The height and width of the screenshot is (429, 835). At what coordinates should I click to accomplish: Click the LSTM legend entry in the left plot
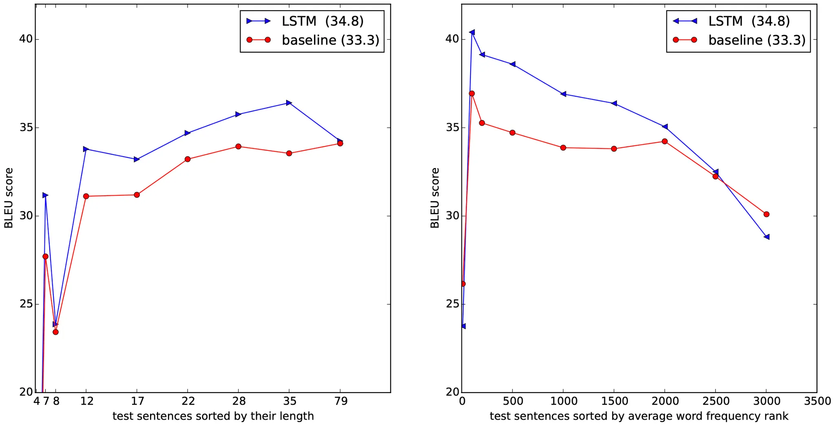(322, 21)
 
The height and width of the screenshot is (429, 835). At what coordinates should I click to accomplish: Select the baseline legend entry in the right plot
(757, 40)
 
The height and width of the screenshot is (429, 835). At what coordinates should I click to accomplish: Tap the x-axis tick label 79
(341, 402)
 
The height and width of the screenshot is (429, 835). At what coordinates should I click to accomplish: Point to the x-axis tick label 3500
(817, 402)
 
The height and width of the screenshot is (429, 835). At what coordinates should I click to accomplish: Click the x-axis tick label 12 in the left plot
(86, 402)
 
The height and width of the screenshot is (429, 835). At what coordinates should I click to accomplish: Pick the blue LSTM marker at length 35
(289, 103)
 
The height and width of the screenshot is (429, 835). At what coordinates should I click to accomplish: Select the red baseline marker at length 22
(188, 159)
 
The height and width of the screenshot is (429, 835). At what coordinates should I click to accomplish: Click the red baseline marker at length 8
(55, 332)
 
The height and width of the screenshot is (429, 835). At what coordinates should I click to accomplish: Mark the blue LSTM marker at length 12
(86, 149)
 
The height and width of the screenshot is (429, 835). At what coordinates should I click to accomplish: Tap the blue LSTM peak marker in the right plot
(472, 32)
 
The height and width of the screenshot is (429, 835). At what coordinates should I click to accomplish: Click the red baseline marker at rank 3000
(766, 214)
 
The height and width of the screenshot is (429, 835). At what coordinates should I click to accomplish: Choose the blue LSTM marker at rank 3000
(767, 237)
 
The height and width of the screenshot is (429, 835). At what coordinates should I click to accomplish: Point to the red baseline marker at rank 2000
(665, 141)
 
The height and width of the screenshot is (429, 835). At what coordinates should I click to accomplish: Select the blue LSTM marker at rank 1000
(563, 94)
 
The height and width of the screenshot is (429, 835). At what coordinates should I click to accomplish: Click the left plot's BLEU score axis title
(9, 198)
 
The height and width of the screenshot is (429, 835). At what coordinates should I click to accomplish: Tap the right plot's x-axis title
(639, 416)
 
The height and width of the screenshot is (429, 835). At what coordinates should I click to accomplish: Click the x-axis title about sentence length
(213, 416)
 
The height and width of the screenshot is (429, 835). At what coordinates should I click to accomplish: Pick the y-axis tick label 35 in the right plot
(452, 128)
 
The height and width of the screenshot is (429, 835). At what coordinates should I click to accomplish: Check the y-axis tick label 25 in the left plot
(25, 304)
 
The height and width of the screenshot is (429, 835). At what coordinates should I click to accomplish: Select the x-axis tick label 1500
(614, 402)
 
